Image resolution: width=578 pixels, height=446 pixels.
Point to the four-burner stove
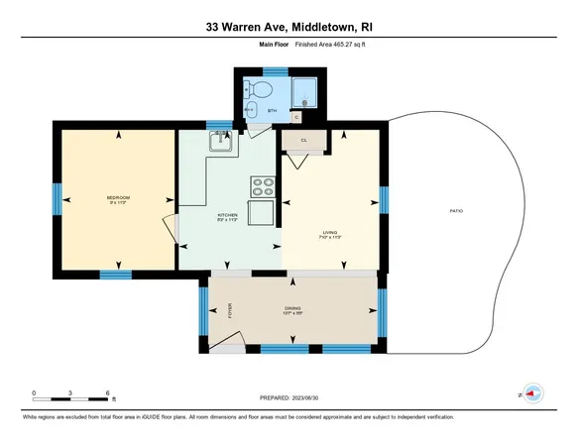click(263, 184)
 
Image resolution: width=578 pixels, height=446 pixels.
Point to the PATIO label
click(456, 211)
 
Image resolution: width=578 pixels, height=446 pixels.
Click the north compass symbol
click(532, 392)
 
